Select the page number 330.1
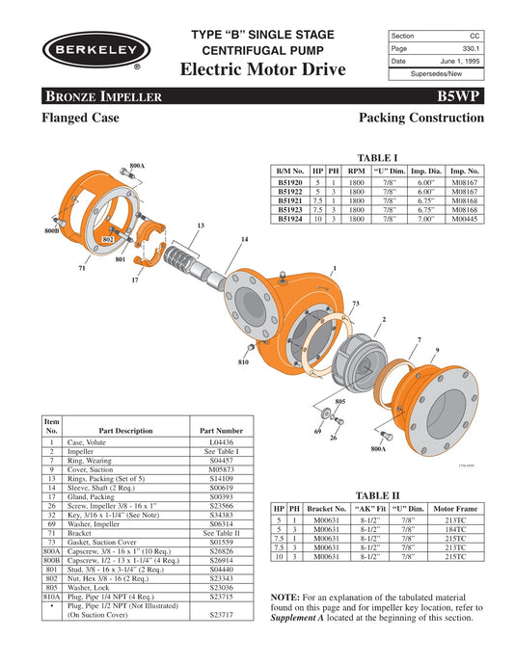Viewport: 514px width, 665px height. (468, 47)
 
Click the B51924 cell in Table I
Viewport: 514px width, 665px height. (290, 219)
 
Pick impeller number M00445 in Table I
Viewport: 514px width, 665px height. (466, 219)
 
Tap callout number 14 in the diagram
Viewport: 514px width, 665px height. (245, 239)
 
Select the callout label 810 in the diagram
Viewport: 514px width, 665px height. (244, 361)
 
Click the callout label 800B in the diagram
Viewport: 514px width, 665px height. (51, 232)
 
